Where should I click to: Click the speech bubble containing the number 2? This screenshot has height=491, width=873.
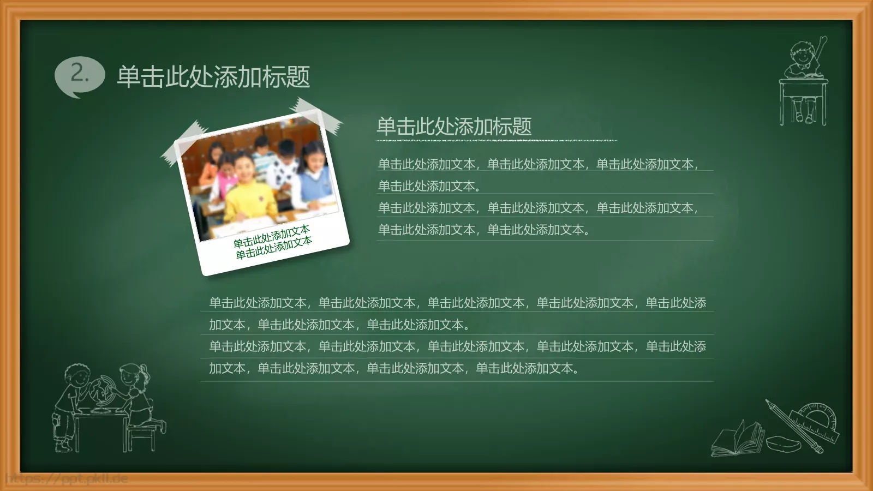[79, 75]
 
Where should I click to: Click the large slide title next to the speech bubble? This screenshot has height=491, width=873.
[213, 76]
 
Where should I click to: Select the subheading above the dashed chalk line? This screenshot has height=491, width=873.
[454, 126]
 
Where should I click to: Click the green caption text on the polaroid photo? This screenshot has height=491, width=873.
[273, 241]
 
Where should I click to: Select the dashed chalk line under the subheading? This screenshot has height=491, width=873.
[496, 141]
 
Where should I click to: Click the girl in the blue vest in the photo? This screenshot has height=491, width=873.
[313, 172]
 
